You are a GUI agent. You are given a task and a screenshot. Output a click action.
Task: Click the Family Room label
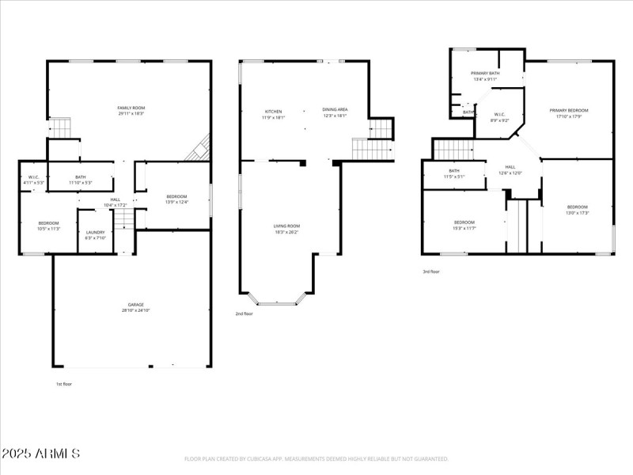click(x=131, y=111)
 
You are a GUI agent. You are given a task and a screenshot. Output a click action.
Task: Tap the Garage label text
click(x=136, y=308)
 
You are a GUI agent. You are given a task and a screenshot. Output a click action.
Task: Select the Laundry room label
click(x=95, y=234)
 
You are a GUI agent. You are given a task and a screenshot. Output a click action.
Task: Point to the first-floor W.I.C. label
click(x=33, y=180)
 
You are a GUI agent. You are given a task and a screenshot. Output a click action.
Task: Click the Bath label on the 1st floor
click(x=81, y=180)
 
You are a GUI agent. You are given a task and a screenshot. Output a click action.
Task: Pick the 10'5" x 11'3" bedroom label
click(x=49, y=226)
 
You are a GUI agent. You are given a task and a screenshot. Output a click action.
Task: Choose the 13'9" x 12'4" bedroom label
click(x=176, y=199)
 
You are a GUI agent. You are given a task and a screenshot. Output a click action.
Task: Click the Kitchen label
click(x=273, y=113)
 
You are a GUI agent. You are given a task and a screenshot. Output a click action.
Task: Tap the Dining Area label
click(x=335, y=112)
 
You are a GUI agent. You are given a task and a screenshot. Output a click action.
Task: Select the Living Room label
click(x=287, y=229)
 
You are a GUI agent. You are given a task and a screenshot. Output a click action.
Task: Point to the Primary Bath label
click(x=485, y=76)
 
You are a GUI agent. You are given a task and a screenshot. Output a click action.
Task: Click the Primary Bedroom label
click(x=569, y=113)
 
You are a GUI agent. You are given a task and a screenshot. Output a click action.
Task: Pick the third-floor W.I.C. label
click(x=500, y=117)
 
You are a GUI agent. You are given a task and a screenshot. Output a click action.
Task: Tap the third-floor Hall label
click(x=510, y=169)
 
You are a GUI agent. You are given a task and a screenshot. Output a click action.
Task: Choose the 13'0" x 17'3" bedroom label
click(x=578, y=210)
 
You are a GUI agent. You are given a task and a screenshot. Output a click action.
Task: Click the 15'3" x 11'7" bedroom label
click(x=464, y=225)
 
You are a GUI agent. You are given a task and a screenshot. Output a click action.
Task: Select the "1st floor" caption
click(x=64, y=383)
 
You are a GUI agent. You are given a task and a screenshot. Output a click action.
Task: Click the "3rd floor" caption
click(x=431, y=272)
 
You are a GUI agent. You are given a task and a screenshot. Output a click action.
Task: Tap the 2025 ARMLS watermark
click(x=40, y=454)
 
